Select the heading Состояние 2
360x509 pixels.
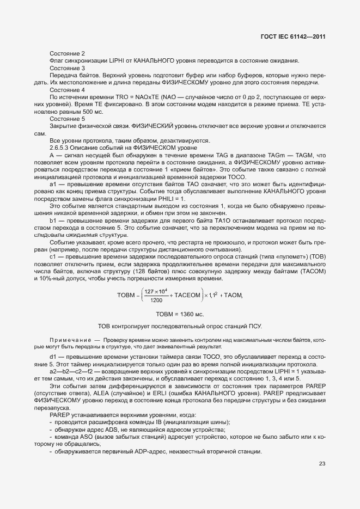coord(67,53)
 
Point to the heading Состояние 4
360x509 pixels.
coord(67,89)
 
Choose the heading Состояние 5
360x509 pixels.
coord(67,118)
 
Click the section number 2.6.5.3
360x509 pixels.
coord(60,148)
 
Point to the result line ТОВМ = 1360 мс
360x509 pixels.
coord(180,315)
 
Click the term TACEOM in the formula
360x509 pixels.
coord(187,295)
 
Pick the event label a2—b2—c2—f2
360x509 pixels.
coord(65,371)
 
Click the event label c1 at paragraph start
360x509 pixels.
coord(53,257)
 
